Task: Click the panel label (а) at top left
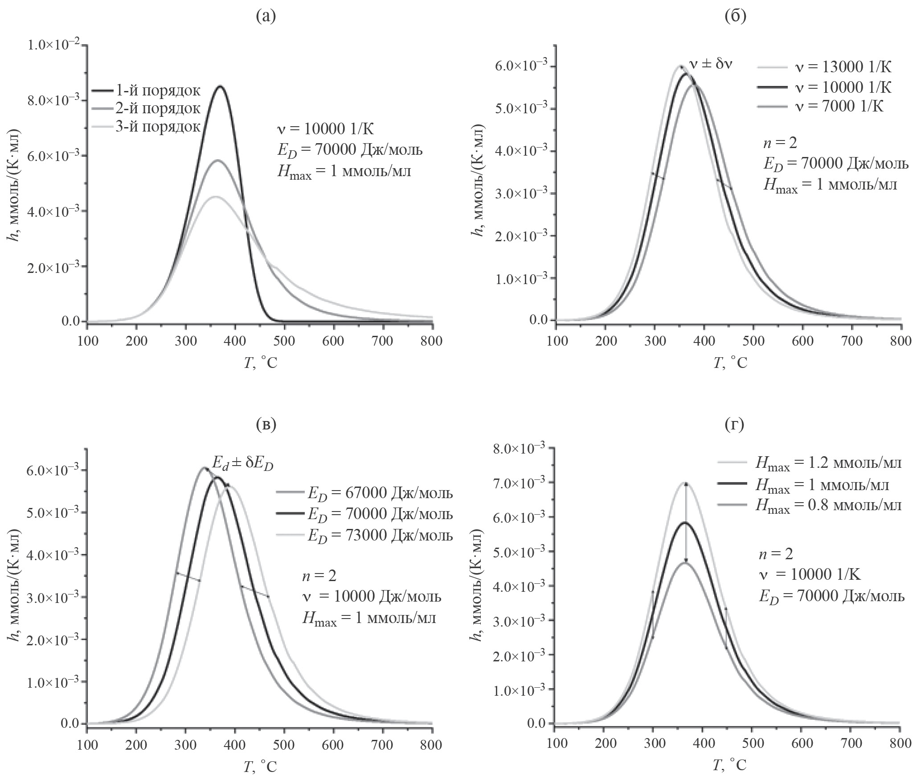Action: pos(266,17)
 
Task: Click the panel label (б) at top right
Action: pos(735,17)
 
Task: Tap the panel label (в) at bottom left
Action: pos(266,425)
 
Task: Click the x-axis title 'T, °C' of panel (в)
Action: pos(260,766)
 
